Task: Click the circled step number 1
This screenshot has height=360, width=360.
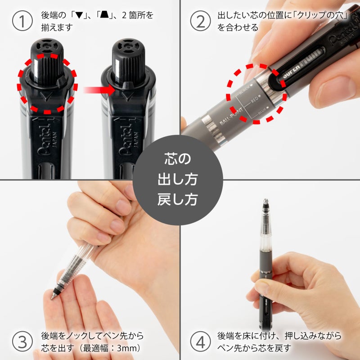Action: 22,21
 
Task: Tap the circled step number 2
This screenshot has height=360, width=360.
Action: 200,21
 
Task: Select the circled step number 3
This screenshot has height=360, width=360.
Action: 22,342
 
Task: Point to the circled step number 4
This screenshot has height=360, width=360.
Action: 200,342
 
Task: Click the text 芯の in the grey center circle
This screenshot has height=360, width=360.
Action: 180,160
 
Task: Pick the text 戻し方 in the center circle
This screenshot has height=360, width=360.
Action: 180,199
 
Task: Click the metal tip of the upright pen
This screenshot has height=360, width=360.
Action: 266,202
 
